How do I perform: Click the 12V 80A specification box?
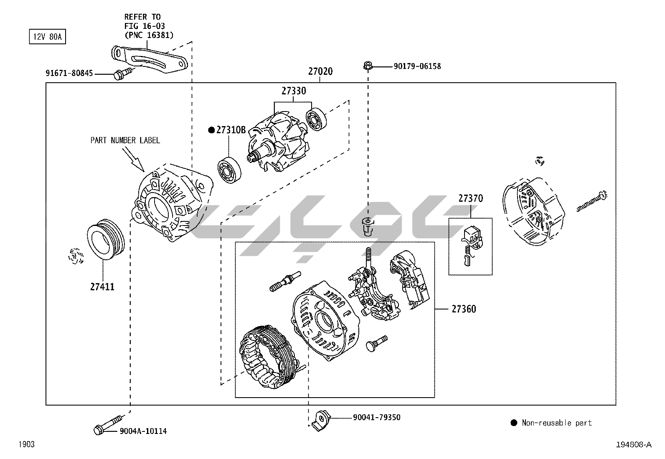(x=47, y=37)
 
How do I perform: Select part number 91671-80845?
(x=69, y=74)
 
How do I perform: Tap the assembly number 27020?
(x=320, y=71)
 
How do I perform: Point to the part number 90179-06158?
(x=417, y=66)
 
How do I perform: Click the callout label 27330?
(x=293, y=91)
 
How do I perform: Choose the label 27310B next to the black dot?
(x=231, y=130)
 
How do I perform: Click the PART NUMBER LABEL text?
(x=125, y=140)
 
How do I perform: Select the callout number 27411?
(x=102, y=287)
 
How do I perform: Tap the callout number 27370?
(x=470, y=198)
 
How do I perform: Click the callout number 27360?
(x=464, y=309)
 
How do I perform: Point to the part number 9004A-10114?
(x=143, y=431)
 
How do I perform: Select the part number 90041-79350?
(x=376, y=417)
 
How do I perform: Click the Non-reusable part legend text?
(x=556, y=423)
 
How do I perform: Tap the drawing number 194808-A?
(x=633, y=445)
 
